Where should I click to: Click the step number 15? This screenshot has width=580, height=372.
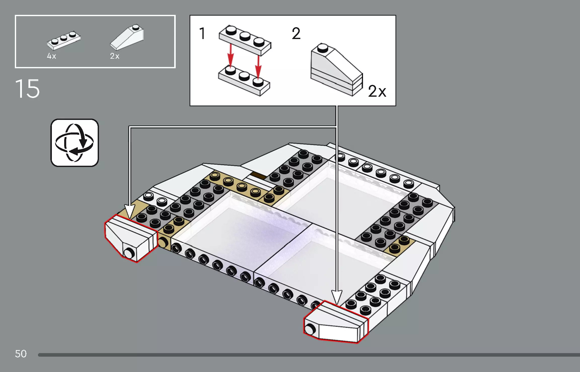pyautogui.click(x=27, y=89)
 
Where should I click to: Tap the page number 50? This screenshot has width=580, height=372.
pyautogui.click(x=21, y=354)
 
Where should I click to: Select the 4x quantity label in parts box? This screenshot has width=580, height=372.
pyautogui.click(x=51, y=56)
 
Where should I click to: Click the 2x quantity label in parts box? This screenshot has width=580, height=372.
pyautogui.click(x=115, y=56)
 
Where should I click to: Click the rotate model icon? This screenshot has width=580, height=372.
pyautogui.click(x=75, y=143)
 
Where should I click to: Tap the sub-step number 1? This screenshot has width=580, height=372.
pyautogui.click(x=202, y=33)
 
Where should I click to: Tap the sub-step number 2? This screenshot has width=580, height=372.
pyautogui.click(x=296, y=33)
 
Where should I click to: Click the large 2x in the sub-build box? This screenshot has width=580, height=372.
pyautogui.click(x=377, y=91)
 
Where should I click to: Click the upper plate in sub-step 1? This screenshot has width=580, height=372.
pyautogui.click(x=245, y=40)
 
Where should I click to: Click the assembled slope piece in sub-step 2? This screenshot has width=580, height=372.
pyautogui.click(x=336, y=71)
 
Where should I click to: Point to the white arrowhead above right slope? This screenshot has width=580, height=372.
pyautogui.click(x=337, y=297)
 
